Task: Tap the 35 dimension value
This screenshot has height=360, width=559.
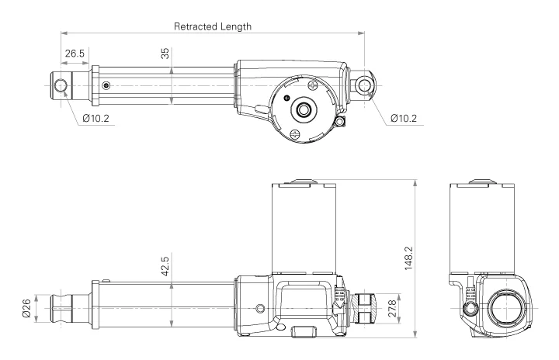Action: click(165, 55)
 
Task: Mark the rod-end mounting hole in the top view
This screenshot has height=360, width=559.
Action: click(61, 84)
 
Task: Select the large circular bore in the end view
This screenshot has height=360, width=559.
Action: click(504, 306)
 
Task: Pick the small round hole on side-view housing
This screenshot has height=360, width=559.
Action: click(260, 309)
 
